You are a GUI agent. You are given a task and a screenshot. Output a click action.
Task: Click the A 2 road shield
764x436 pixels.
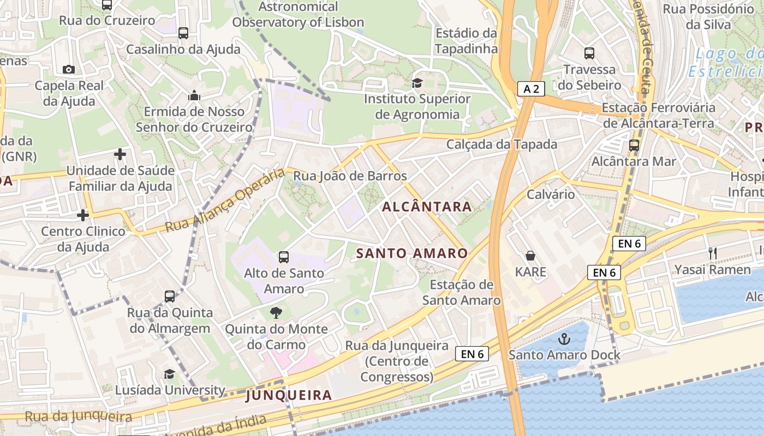coord(531,89)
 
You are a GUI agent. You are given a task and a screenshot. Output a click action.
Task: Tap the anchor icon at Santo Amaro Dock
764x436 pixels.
coord(564,339)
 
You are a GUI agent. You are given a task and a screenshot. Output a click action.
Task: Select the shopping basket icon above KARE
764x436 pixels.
coord(530,255)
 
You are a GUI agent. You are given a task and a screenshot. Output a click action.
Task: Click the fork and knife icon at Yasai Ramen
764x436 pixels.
coord(712,253)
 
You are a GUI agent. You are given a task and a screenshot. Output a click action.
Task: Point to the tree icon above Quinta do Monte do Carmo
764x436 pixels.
coord(277,312)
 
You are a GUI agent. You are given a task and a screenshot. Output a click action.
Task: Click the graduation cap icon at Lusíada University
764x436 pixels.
coord(170,374)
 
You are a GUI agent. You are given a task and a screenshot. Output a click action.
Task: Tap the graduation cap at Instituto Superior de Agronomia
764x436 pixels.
coord(417,83)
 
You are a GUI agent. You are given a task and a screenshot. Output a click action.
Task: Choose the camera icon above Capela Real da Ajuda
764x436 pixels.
coord(69,69)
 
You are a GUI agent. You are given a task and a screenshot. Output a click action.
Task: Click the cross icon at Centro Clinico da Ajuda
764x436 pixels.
coord(83,215)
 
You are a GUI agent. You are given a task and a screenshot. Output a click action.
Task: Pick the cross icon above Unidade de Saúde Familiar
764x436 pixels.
coord(120,154)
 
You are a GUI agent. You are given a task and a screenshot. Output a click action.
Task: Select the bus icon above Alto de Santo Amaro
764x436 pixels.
coord(283,257)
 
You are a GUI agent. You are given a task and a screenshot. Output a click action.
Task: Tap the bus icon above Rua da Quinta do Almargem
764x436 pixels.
coord(170,296)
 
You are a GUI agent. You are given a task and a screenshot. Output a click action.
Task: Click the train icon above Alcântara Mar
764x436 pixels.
coord(634,146)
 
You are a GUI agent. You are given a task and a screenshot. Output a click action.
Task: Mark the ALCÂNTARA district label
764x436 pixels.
coord(427,207)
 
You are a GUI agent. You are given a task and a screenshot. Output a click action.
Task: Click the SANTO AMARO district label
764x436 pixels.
coord(412,253)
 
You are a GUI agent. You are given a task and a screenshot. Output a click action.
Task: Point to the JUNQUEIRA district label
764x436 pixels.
coord(289,395)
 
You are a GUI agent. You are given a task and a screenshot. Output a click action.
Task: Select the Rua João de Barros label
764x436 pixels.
coord(350,176)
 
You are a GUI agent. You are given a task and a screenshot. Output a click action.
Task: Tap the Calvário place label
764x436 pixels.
coord(550,195)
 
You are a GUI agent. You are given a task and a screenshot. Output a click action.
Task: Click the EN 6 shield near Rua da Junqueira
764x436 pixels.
coord(471,354)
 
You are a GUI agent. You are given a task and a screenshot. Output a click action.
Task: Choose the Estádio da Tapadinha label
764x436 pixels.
coord(467,41)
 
